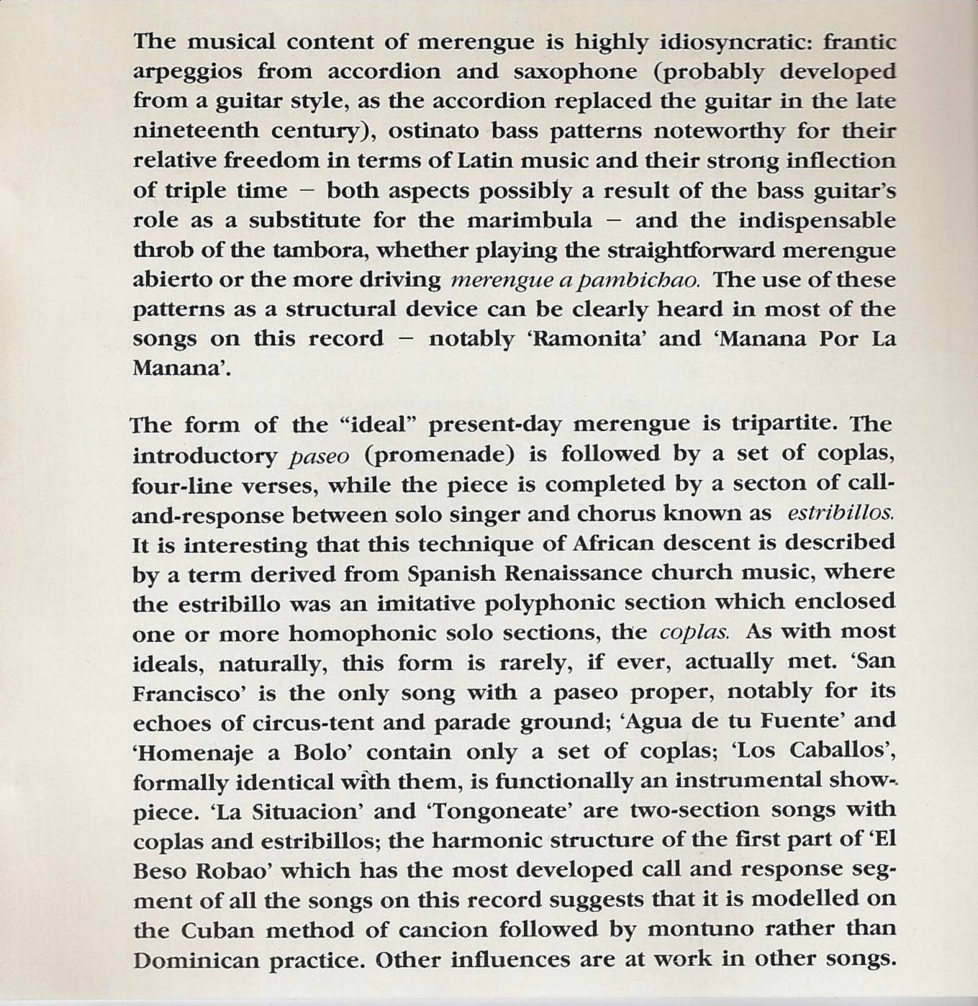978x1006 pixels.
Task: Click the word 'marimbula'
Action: (x=530, y=220)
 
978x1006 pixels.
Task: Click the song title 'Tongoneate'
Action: (x=499, y=811)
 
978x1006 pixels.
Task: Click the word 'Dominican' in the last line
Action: (x=196, y=960)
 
